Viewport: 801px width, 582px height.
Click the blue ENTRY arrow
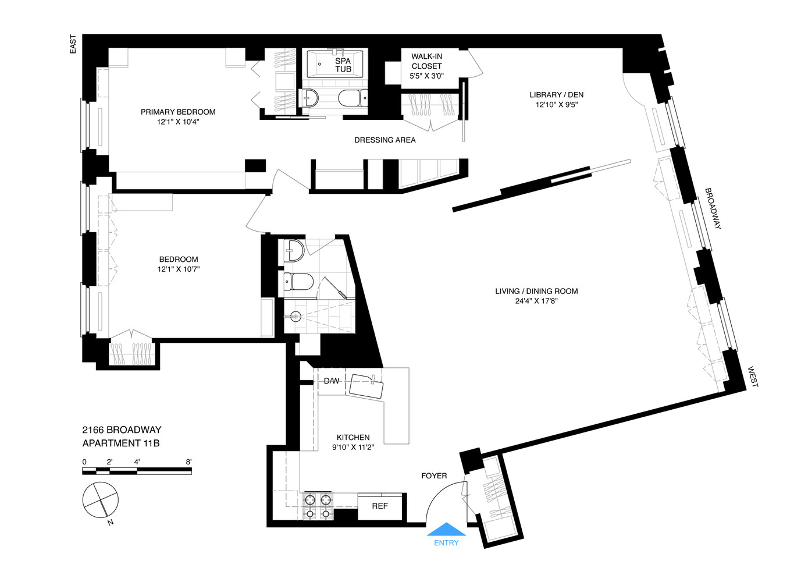[446, 530]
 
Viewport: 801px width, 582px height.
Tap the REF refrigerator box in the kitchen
[380, 506]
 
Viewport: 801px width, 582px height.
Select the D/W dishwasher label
[332, 381]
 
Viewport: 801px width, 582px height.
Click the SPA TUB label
[343, 65]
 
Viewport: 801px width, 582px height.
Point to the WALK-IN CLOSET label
[426, 61]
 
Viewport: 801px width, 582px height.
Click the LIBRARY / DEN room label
[556, 95]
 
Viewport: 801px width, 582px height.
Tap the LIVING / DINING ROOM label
[536, 291]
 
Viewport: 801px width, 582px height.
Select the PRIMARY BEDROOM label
[178, 112]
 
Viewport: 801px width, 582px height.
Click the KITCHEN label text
[353, 437]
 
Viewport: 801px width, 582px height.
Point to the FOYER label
[434, 476]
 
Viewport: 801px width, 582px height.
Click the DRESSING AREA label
[385, 140]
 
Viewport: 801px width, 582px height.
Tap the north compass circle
[101, 500]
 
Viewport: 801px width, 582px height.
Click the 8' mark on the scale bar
[188, 462]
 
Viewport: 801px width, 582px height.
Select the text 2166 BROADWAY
[122, 430]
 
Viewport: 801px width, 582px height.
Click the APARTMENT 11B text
[121, 443]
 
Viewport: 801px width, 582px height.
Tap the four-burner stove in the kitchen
[318, 506]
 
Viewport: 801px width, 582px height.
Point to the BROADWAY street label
[713, 208]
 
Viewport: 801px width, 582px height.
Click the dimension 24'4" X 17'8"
[536, 301]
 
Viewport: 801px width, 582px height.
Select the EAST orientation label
[73, 44]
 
